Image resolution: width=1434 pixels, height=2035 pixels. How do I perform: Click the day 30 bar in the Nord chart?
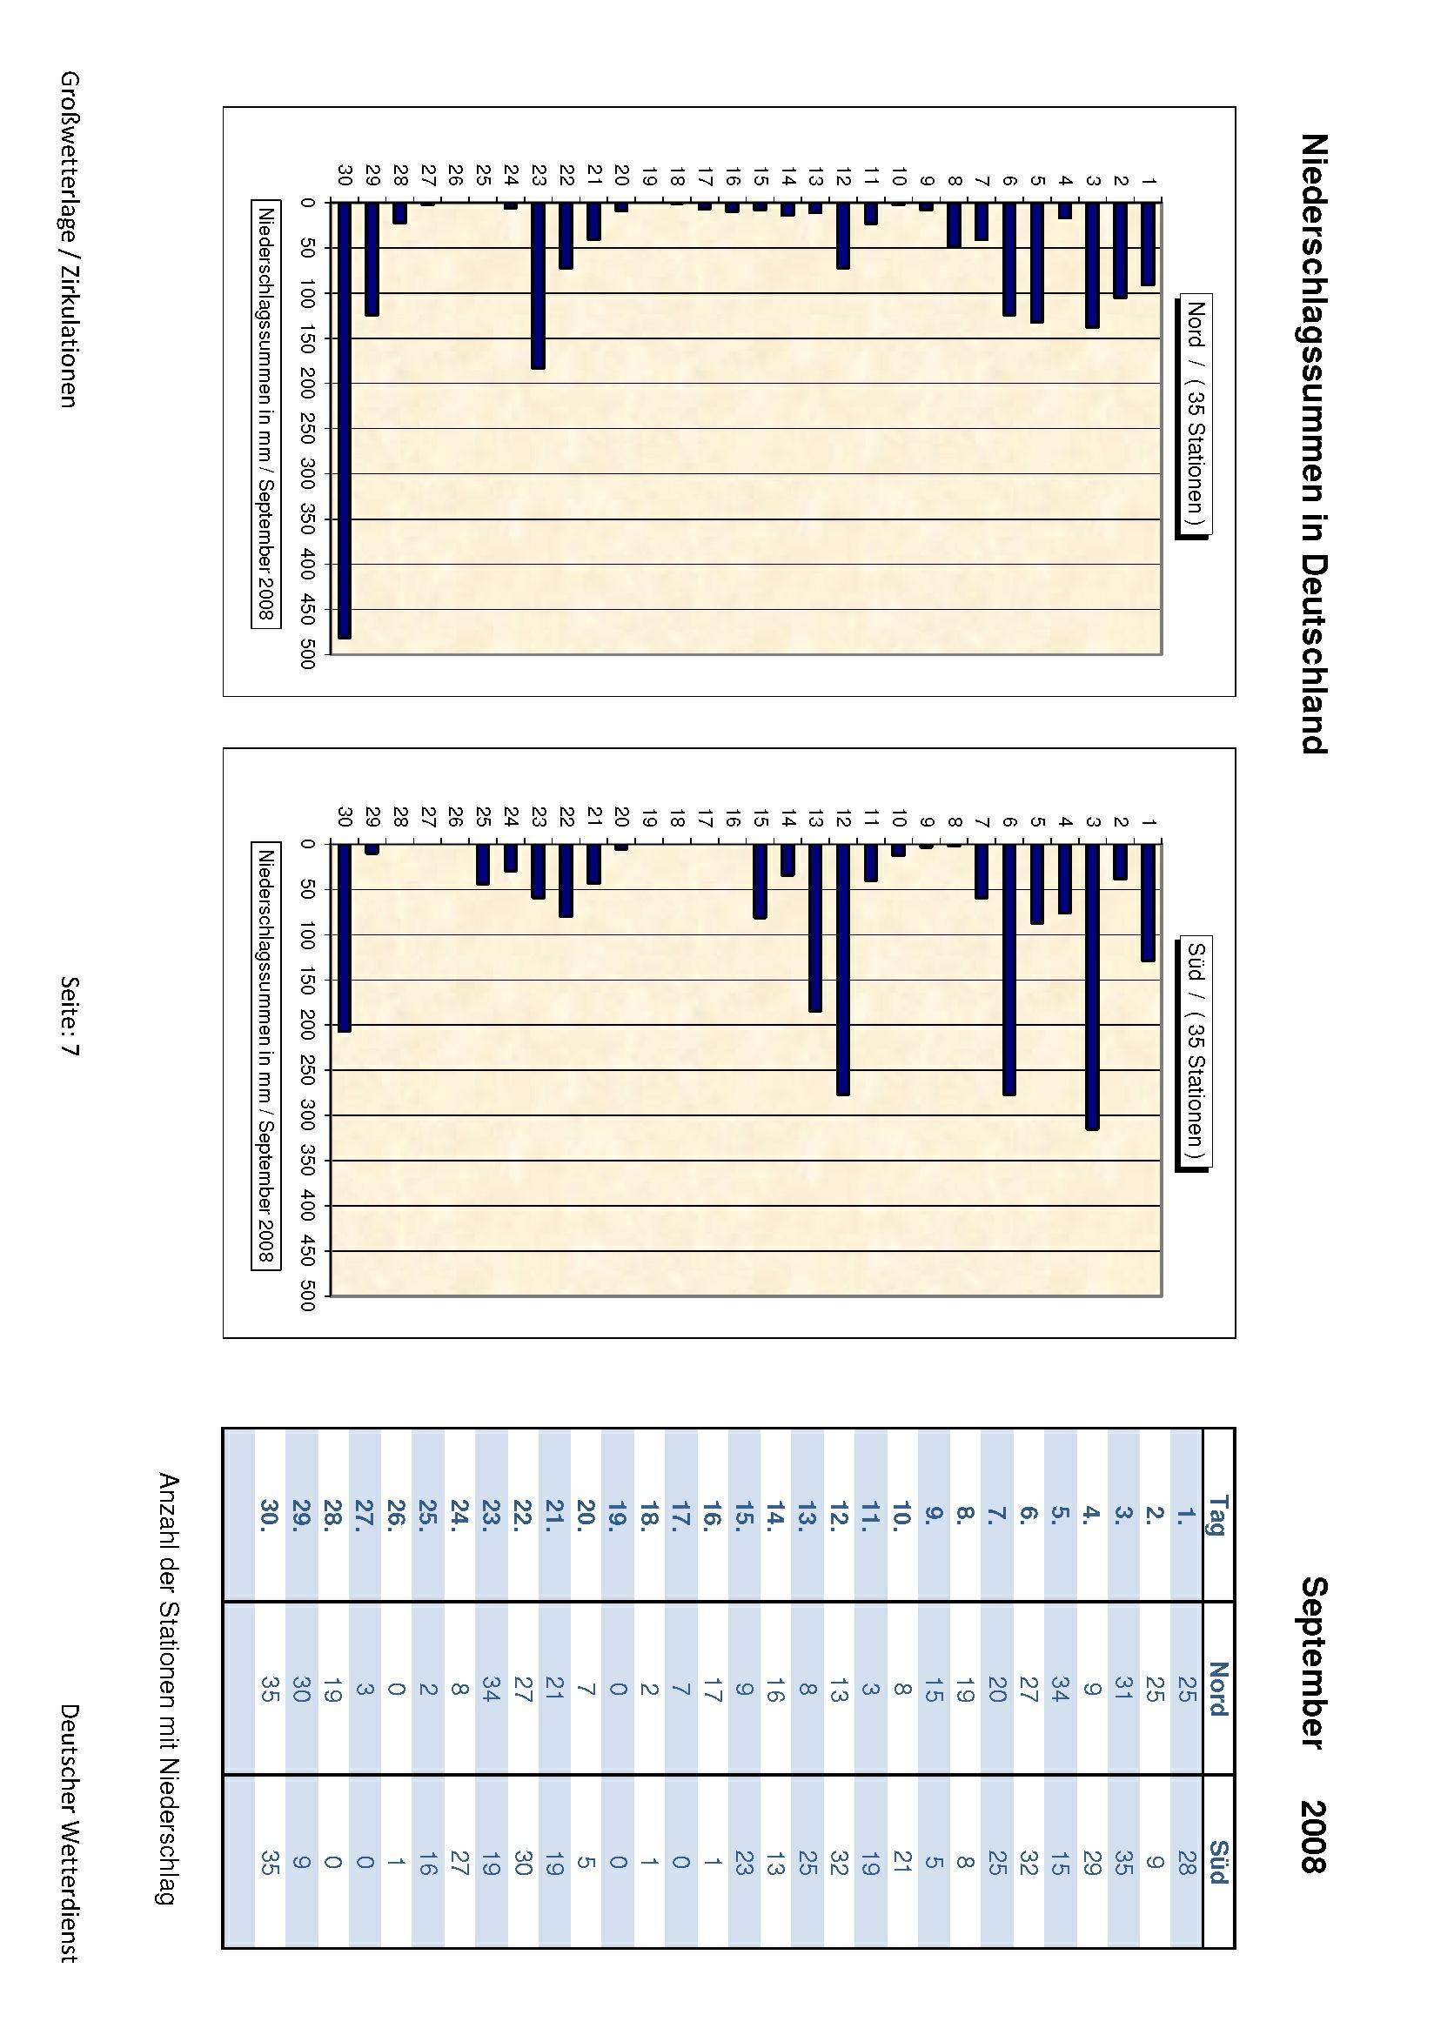345,419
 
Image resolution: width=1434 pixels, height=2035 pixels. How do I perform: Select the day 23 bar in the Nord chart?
538,284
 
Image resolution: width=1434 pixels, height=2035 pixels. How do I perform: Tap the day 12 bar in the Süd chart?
842,969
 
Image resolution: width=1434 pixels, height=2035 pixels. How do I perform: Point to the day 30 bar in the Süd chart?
345,938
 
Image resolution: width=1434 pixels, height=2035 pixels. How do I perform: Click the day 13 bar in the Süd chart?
814,927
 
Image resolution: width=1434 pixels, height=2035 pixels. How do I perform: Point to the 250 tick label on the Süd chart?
307,1070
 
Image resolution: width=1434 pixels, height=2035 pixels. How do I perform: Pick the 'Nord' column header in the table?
1217,1689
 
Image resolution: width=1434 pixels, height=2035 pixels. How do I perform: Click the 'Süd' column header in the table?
1217,1862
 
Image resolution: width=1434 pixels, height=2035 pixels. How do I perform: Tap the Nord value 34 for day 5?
1060,1689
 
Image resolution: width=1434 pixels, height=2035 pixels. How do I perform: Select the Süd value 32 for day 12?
840,1862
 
